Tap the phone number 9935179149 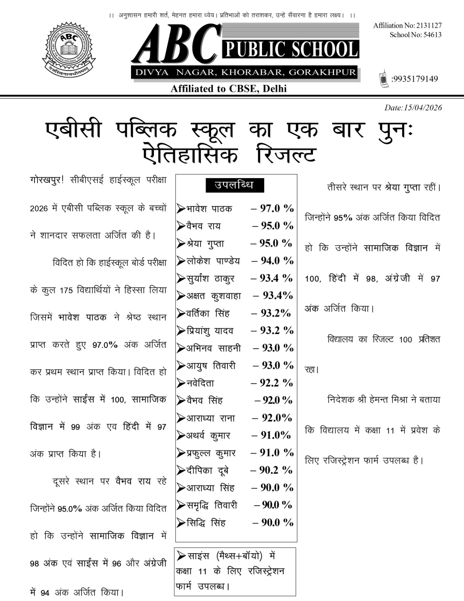pos(414,79)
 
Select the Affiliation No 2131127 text pos(407,26)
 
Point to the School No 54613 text pos(415,35)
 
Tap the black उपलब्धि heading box pos(235,185)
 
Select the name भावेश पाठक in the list pos(209,208)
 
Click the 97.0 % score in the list pos(273,208)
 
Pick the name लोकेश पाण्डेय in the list pos(213,261)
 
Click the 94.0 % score pos(273,260)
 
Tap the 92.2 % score pos(272,383)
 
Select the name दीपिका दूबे pos(207,470)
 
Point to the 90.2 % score pos(271,470)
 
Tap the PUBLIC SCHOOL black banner pos(291,49)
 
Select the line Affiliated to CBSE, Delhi pos(229,89)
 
